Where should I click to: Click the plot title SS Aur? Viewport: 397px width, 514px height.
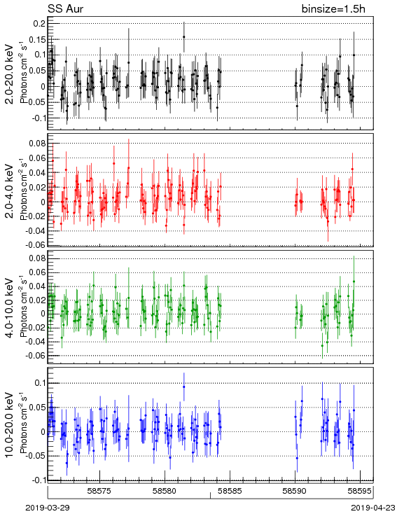tap(66, 9)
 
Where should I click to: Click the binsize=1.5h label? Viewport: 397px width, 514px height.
tap(333, 9)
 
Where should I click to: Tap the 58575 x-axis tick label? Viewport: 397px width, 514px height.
tap(99, 491)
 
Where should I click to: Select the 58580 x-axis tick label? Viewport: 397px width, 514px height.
tap(165, 491)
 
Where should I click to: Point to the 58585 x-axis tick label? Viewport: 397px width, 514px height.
tap(230, 491)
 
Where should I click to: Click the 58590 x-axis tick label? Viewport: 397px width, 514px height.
tap(295, 491)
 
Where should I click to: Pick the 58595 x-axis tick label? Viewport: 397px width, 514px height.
tap(360, 491)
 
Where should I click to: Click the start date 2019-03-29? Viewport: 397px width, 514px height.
tap(48, 508)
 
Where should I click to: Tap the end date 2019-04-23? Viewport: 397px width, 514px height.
tap(373, 508)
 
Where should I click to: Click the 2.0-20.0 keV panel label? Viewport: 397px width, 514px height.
tap(10, 74)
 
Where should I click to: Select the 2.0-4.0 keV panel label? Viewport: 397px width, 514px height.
tap(10, 190)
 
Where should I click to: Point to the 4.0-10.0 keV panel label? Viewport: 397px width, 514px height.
tap(10, 308)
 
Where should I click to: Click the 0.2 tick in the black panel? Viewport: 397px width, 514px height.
tap(39, 24)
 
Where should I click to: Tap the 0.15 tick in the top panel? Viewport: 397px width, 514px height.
tap(37, 39)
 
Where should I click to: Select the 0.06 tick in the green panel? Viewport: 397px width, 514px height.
tap(37, 272)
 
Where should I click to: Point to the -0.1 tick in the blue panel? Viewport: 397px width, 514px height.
tap(38, 480)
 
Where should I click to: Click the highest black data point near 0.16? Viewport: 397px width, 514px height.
tap(184, 36)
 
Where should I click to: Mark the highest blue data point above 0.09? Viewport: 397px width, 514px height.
tap(184, 387)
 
